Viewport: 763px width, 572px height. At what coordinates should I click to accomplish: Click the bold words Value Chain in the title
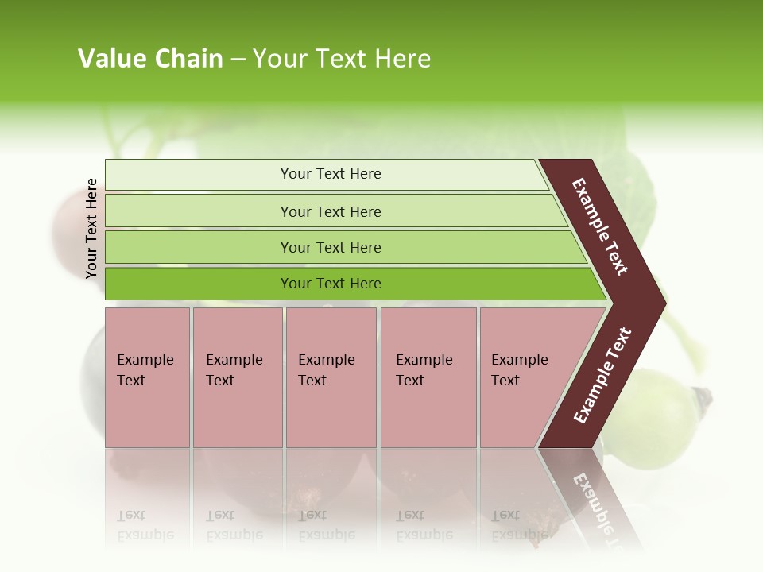tap(150, 59)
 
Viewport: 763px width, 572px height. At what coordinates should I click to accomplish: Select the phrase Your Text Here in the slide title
tap(342, 59)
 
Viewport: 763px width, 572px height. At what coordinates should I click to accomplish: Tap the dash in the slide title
tap(238, 60)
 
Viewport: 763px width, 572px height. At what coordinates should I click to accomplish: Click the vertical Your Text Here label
tap(91, 228)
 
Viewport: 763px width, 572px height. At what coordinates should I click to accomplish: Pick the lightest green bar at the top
tap(330, 174)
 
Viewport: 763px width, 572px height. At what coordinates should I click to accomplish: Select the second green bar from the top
tap(330, 211)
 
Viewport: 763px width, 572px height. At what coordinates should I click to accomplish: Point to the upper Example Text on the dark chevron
tap(600, 226)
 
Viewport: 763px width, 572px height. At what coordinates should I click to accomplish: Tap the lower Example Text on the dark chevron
tap(602, 375)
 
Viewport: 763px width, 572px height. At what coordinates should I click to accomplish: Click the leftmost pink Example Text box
tap(147, 377)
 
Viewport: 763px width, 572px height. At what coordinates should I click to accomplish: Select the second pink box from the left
tap(237, 377)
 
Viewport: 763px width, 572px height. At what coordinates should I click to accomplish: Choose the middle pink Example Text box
tap(330, 377)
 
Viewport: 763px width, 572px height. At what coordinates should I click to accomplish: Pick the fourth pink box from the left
tap(428, 377)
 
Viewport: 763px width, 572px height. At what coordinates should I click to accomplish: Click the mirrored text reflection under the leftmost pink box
tap(145, 525)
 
